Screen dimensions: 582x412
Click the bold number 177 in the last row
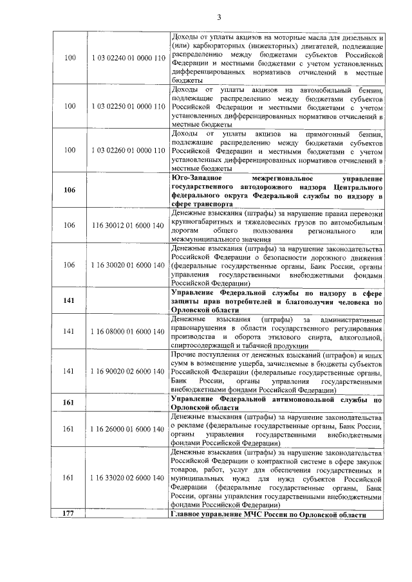[x=70, y=516]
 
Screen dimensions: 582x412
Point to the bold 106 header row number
[x=70, y=190]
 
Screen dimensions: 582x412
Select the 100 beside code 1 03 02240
[x=70, y=59]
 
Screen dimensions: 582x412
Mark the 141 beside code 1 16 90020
[x=70, y=371]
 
